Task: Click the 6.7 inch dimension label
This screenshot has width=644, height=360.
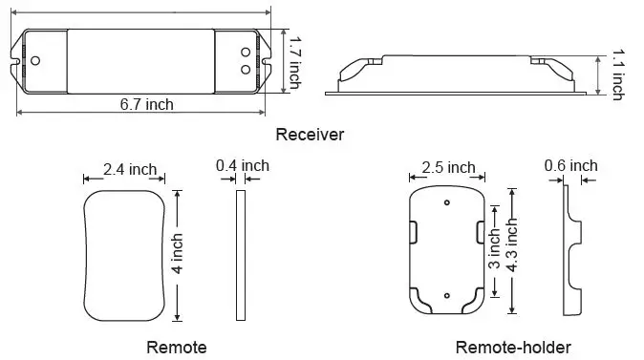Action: [146, 104]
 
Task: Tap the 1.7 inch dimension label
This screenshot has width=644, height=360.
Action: [294, 63]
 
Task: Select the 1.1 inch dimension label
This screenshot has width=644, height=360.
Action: [617, 74]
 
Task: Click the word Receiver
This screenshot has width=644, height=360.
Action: [310, 135]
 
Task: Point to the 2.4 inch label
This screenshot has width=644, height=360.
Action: [130, 169]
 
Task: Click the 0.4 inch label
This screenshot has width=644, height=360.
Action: [243, 165]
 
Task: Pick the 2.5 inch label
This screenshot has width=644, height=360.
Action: [448, 167]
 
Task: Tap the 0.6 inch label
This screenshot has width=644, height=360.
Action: [570, 165]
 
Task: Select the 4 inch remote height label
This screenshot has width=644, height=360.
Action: [177, 254]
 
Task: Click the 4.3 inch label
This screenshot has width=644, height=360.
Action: [512, 244]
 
